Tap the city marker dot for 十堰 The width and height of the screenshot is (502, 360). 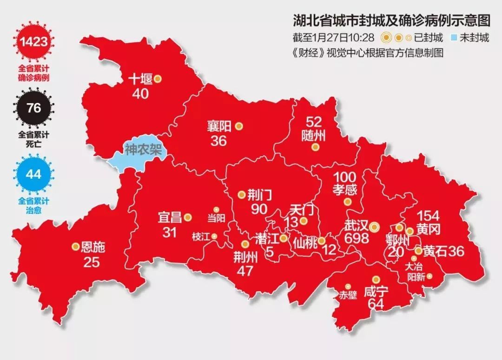click(158, 79)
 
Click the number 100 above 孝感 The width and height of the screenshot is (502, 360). click(345, 177)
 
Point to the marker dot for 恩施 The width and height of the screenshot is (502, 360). click(75, 247)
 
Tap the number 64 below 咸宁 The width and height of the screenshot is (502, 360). click(376, 303)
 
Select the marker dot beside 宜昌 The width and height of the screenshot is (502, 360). click(188, 217)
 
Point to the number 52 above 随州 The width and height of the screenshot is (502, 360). click(314, 122)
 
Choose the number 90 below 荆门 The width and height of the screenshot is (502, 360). click(259, 209)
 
